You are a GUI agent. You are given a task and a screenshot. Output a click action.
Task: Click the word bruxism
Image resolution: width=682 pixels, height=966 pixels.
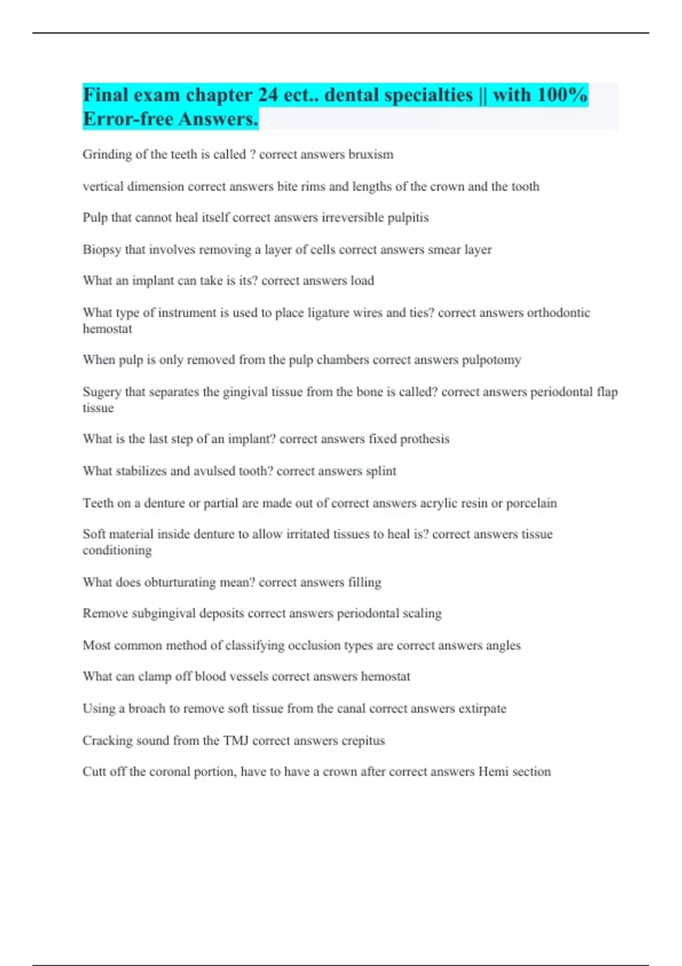pos(371,155)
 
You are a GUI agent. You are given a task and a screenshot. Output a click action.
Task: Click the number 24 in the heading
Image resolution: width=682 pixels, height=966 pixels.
pos(268,95)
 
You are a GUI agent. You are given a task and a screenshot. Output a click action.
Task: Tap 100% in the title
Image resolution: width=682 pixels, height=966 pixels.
pos(562,95)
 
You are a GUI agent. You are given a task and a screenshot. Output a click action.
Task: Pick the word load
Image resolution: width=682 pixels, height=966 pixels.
pos(362,281)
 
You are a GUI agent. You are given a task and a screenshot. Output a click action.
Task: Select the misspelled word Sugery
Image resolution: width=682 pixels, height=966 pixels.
pos(102,392)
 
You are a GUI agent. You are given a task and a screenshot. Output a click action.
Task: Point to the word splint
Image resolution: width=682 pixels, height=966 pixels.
pos(381,471)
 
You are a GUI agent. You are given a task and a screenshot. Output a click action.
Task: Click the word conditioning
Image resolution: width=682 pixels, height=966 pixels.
pos(117,551)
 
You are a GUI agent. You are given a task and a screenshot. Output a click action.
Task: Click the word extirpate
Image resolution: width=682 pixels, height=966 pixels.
pos(482,709)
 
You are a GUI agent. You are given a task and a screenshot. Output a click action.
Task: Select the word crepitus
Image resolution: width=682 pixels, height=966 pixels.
pos(363,741)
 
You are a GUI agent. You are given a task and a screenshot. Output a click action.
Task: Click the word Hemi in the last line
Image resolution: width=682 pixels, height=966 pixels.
pos(493,772)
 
